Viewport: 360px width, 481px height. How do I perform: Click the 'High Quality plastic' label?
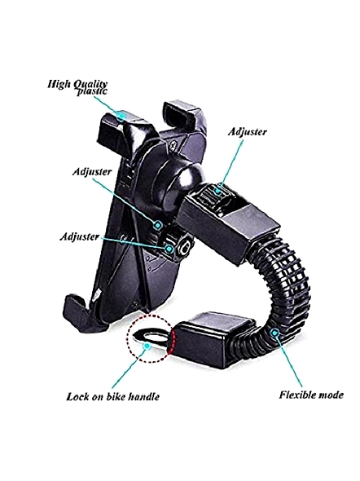tap(77, 86)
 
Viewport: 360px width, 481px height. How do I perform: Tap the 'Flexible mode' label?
tap(311, 395)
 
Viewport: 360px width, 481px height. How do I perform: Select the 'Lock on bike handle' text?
tap(112, 396)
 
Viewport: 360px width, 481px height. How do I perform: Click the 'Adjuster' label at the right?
tap(248, 131)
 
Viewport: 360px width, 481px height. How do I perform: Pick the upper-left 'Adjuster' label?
tap(92, 171)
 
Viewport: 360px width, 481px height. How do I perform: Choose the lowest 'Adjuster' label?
tap(80, 236)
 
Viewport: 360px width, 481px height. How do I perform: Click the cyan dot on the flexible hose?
tap(275, 333)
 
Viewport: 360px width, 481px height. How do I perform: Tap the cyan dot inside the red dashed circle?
tap(147, 346)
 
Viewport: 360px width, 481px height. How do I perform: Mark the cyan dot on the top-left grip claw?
tap(121, 116)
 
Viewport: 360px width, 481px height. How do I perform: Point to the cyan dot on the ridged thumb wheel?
tap(217, 191)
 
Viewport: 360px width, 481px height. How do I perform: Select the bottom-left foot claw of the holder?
tap(79, 313)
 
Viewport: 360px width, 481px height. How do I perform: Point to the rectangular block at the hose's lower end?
tap(212, 339)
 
